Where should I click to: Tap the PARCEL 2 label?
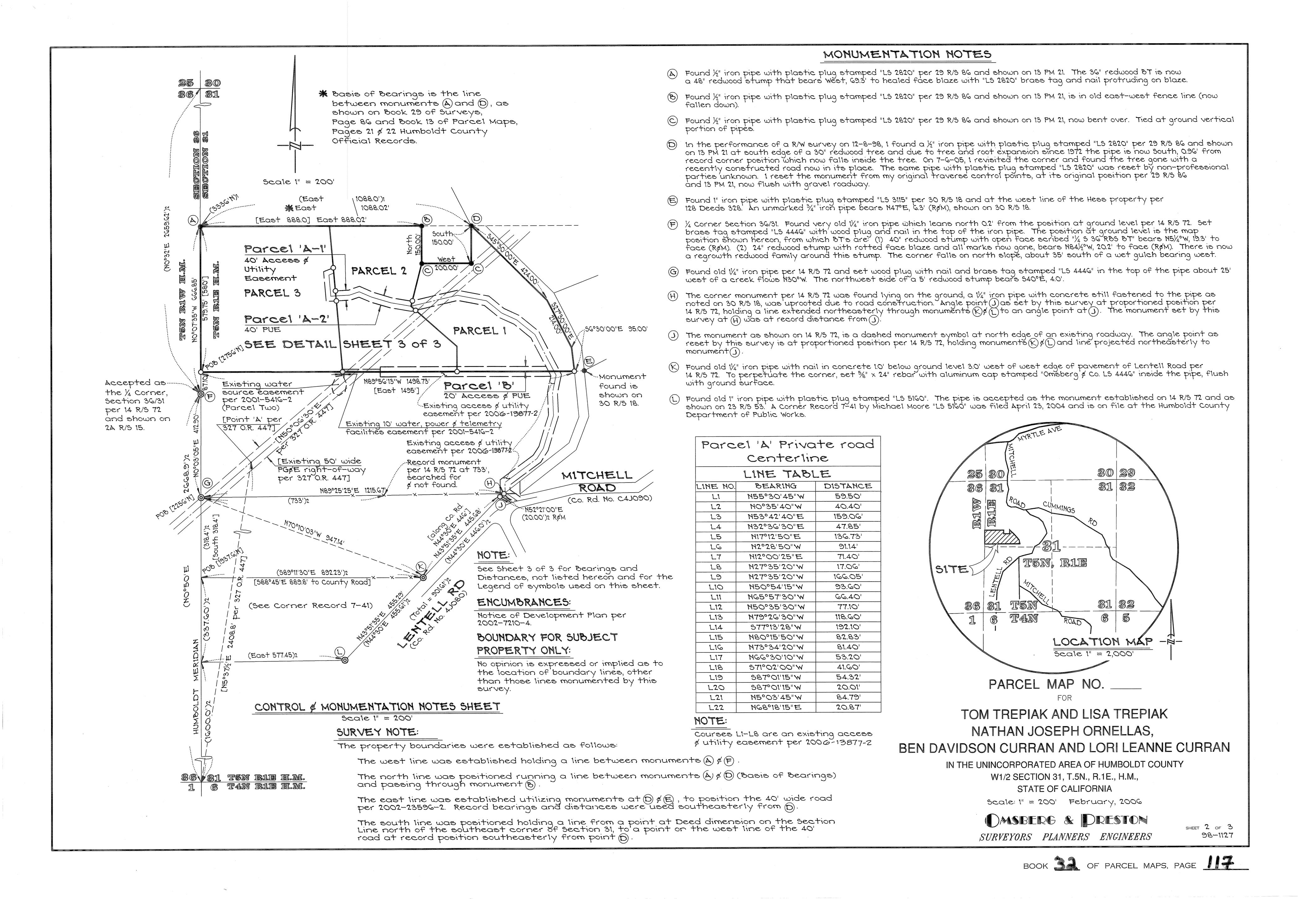point(378,271)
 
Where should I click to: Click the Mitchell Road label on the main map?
point(597,482)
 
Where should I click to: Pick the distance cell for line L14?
point(847,627)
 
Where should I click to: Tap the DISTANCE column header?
point(847,486)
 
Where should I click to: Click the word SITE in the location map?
point(951,569)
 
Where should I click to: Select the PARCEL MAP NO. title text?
point(1046,685)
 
